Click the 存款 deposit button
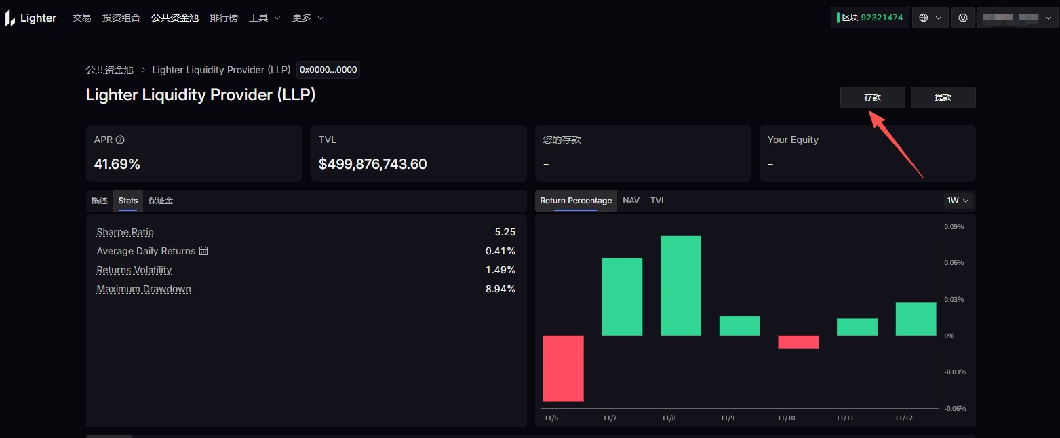[x=872, y=98]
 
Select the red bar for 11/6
[x=563, y=368]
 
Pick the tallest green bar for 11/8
[x=680, y=285]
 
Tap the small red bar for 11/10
[x=798, y=342]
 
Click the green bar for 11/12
[x=916, y=319]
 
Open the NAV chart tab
[x=631, y=201]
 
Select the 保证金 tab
[x=161, y=201]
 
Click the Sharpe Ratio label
[x=125, y=232]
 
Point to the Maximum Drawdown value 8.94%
[x=500, y=289]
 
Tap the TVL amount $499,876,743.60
[x=372, y=164]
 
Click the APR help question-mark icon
[x=120, y=140]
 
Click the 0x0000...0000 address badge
[x=328, y=70]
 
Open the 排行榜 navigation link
[x=224, y=18]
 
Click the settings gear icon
[x=963, y=18]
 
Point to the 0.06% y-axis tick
[x=954, y=263]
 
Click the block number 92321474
[x=882, y=18]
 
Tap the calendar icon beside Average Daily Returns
[x=203, y=251]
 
